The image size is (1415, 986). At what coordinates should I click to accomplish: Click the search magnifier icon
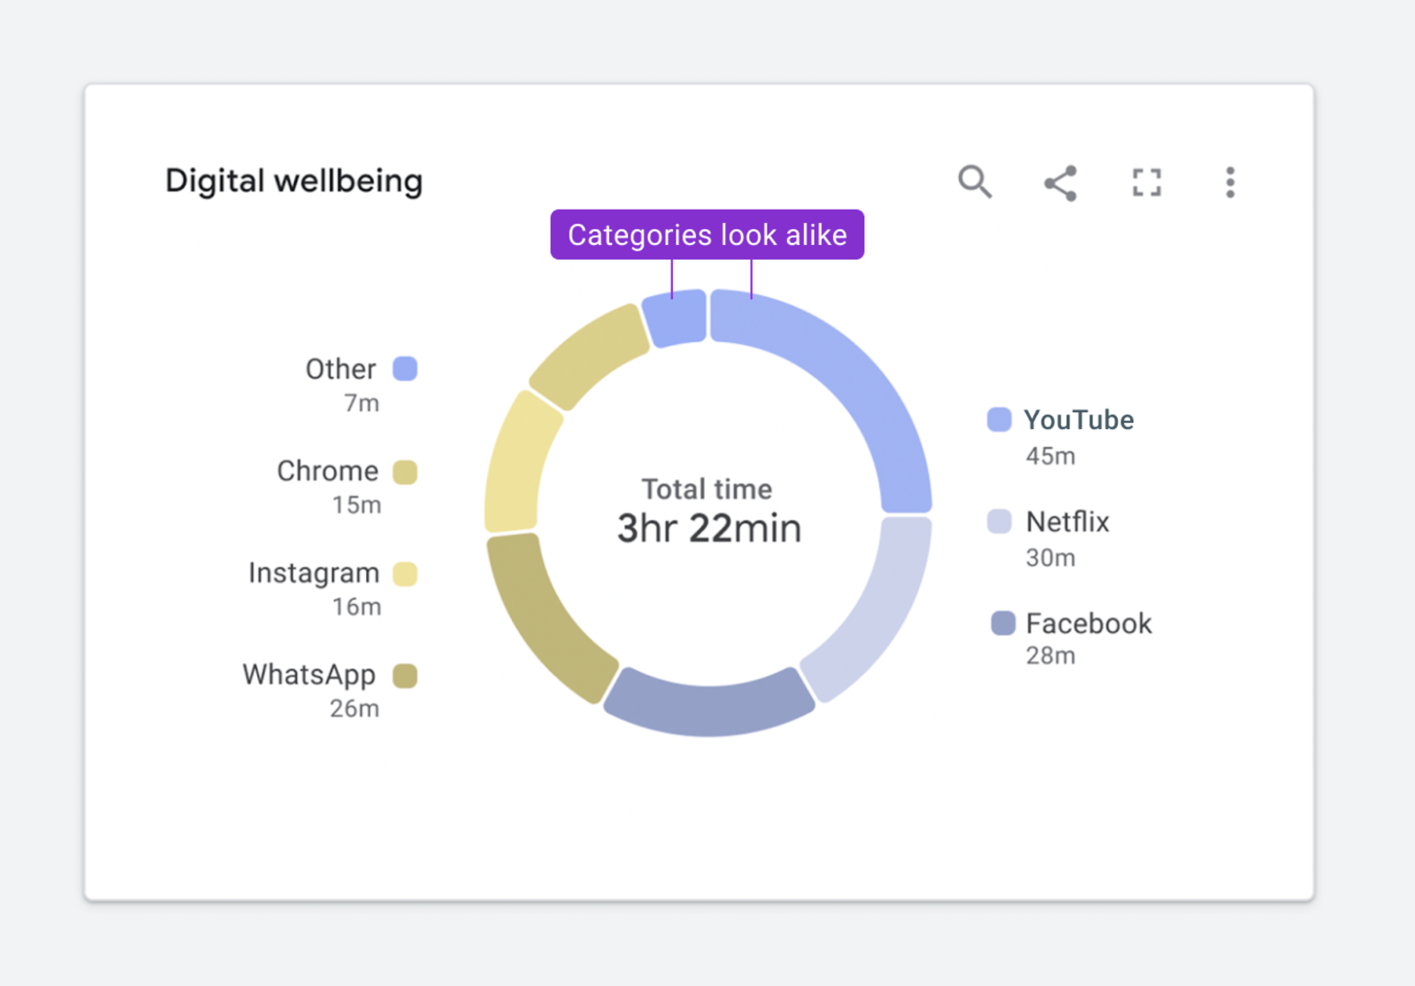[x=975, y=182]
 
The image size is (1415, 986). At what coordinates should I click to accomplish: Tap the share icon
[x=1060, y=183]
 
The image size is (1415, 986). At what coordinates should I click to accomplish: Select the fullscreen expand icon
[x=1146, y=183]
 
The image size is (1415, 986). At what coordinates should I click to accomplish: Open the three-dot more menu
[x=1229, y=183]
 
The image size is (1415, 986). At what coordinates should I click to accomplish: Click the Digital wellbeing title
[x=294, y=181]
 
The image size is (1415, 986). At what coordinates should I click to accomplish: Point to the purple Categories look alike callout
[x=707, y=234]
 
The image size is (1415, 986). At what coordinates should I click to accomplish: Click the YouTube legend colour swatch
[x=999, y=419]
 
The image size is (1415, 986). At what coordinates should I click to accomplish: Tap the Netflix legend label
[x=1067, y=522]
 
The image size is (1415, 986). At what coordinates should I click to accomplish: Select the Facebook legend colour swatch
[x=1003, y=623]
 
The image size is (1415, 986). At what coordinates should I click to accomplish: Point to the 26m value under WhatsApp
[x=355, y=708]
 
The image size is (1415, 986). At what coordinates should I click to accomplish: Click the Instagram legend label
[x=314, y=573]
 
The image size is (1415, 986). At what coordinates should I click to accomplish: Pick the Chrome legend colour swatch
[x=405, y=472]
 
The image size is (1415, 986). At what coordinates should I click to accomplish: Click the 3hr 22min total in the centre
[x=708, y=529]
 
